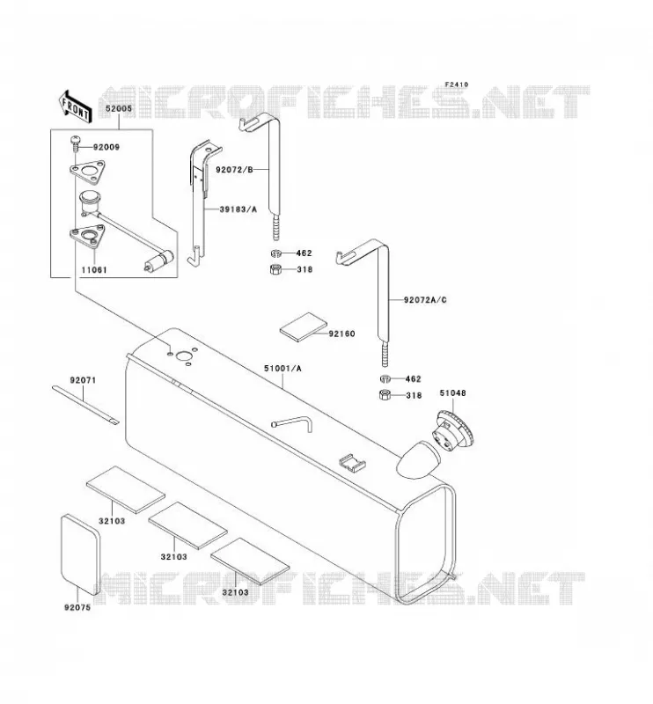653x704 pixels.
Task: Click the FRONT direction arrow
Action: point(75,106)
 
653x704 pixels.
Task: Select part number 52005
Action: point(119,108)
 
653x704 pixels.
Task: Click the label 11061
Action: point(94,270)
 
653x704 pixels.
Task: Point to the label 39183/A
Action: point(238,209)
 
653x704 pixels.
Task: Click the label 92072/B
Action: point(234,169)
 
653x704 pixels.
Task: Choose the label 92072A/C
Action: point(425,300)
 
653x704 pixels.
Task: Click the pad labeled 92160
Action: point(304,326)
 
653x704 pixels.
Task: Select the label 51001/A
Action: point(282,369)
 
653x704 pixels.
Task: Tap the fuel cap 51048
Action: point(453,431)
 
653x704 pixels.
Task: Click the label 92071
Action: point(83,380)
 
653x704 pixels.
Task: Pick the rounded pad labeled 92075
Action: point(81,555)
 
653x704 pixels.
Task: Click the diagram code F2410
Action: point(456,84)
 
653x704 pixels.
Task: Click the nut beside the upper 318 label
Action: point(275,269)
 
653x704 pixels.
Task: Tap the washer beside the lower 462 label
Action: point(385,378)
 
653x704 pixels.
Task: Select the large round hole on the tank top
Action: point(183,357)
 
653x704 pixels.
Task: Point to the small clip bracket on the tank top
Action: point(352,463)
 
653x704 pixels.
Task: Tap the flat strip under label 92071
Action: point(85,405)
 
